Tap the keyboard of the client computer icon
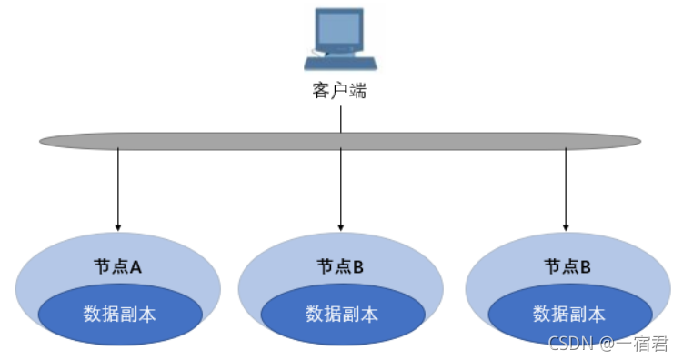tap(340, 64)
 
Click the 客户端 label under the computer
tap(340, 91)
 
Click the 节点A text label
tap(117, 266)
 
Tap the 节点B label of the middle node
tap(340, 266)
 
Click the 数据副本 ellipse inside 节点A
tap(119, 315)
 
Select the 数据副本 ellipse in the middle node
tap(342, 315)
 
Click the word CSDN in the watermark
tap(570, 344)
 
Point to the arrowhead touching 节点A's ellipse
tap(117, 225)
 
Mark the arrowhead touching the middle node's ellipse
tap(340, 225)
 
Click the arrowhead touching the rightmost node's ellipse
tap(565, 225)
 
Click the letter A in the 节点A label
tap(136, 266)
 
